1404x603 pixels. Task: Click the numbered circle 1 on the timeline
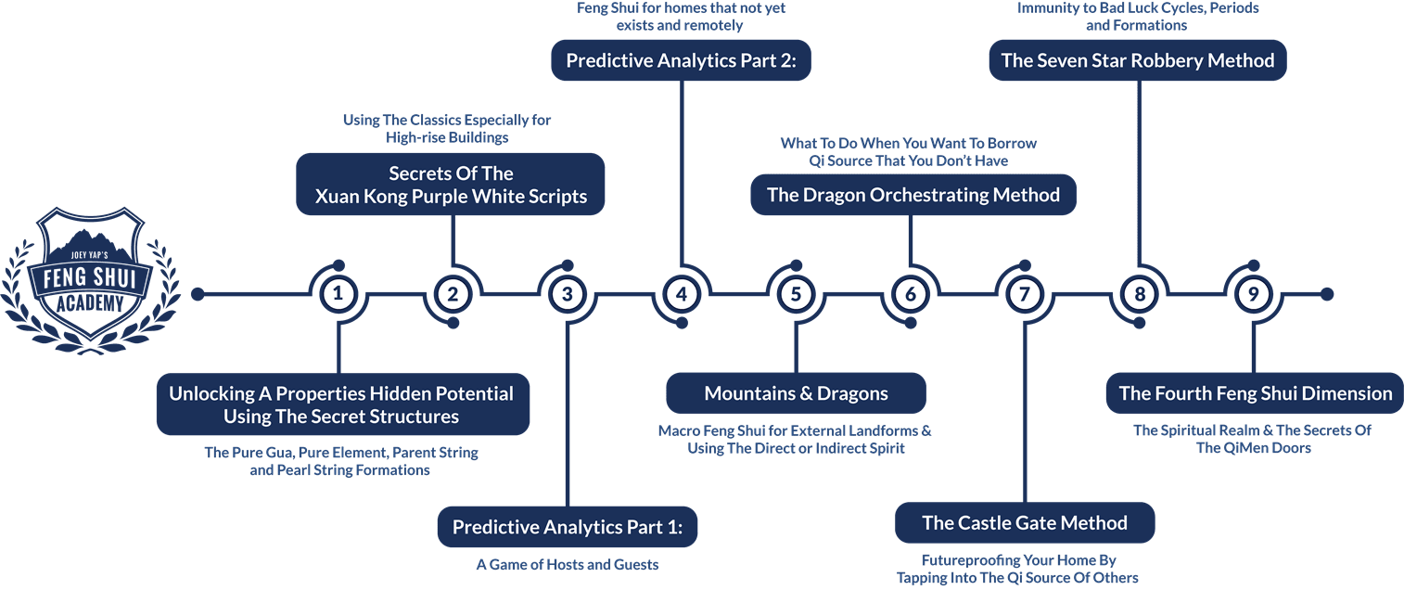click(x=338, y=294)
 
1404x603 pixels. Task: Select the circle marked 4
click(x=682, y=294)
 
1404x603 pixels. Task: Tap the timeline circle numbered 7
click(x=1024, y=294)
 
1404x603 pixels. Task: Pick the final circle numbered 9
click(x=1253, y=294)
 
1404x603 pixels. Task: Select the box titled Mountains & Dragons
click(x=796, y=393)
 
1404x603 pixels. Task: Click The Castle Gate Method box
click(x=1025, y=523)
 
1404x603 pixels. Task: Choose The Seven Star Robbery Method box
click(x=1138, y=61)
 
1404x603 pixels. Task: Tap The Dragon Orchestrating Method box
click(x=913, y=195)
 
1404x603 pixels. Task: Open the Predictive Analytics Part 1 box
click(x=567, y=527)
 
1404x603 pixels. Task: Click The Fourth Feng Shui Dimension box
click(x=1255, y=393)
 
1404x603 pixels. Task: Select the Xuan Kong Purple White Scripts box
click(x=451, y=185)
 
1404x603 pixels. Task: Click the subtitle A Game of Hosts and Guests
click(x=568, y=564)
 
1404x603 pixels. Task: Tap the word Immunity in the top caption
click(x=1046, y=7)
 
